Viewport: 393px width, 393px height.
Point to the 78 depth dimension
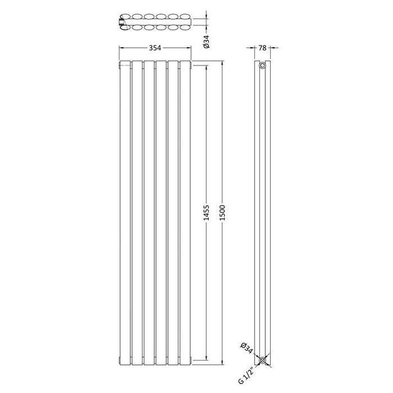263,48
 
